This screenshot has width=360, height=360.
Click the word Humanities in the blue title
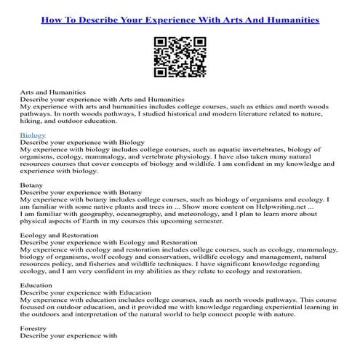(289, 20)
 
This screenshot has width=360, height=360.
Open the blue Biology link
(33, 135)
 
